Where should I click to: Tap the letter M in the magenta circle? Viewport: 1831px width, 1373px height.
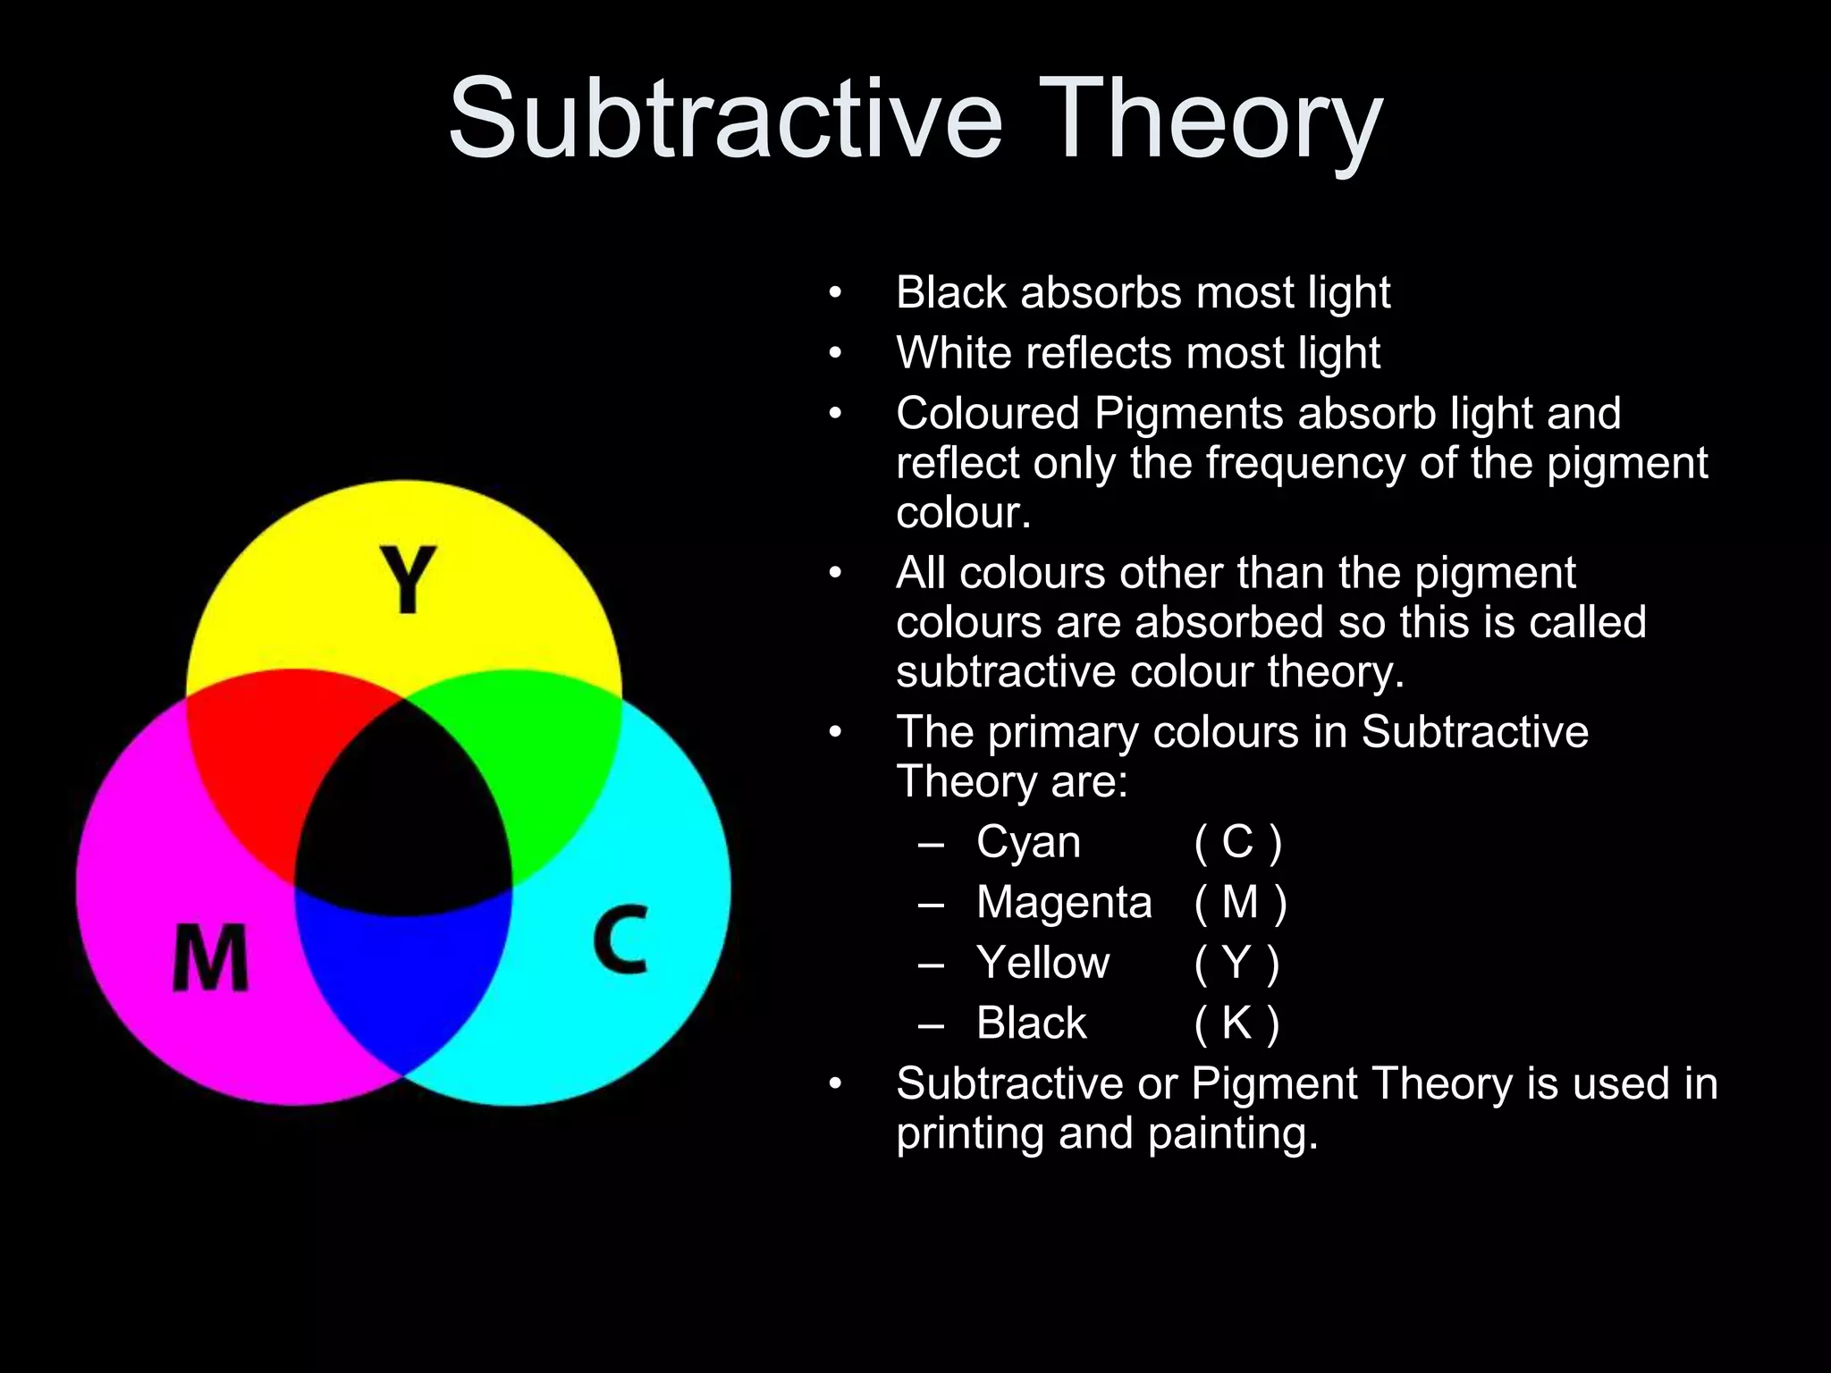(210, 957)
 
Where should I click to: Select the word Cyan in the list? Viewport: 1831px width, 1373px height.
(1028, 842)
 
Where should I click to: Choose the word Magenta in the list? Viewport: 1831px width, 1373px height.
(1064, 902)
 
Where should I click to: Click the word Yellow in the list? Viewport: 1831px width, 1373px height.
(1042, 963)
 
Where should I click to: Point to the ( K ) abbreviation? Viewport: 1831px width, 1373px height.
(1237, 1023)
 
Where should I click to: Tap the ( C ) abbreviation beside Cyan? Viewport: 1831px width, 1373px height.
(1238, 842)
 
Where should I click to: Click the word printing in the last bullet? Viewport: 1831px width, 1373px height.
(970, 1133)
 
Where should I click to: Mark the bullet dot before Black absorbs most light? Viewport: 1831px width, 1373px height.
(835, 293)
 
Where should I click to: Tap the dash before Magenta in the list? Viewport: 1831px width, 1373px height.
(931, 903)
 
